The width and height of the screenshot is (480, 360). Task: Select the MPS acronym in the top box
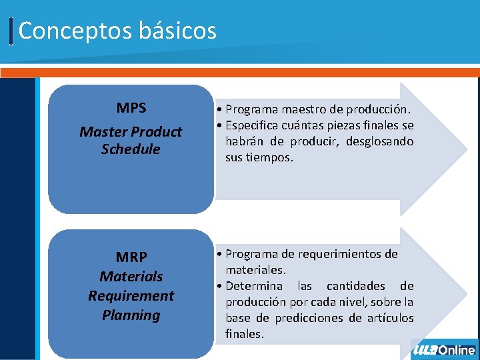click(x=131, y=108)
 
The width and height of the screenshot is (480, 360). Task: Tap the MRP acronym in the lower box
click(x=131, y=257)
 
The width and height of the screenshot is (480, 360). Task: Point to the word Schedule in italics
click(x=131, y=149)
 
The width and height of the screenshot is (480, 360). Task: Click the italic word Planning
click(x=131, y=315)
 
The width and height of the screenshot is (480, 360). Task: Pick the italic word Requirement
click(x=131, y=295)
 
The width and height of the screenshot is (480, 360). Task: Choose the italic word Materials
click(x=131, y=276)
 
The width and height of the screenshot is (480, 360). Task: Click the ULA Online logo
click(x=444, y=350)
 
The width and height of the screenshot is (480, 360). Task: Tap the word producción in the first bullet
click(x=381, y=109)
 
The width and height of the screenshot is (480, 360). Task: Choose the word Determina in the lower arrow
click(x=253, y=286)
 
